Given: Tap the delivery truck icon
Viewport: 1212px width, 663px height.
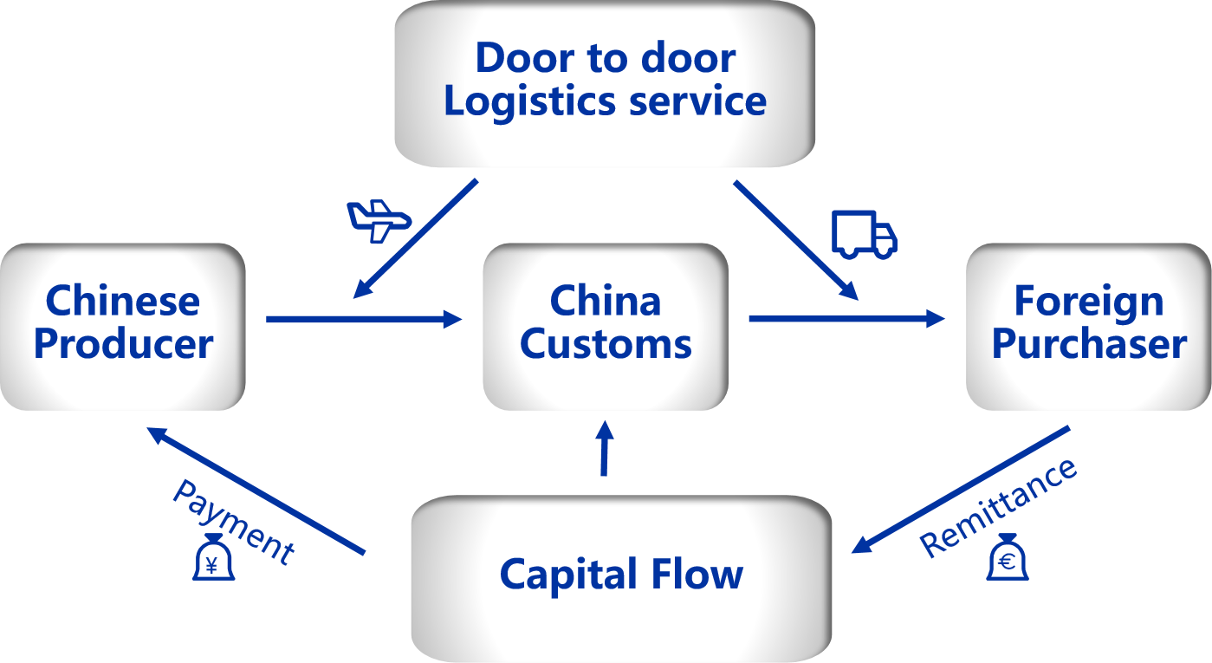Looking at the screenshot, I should click(x=864, y=234).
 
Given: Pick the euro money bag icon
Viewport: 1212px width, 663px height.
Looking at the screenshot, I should click(x=1008, y=556).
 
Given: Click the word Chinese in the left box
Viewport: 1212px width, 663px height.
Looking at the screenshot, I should click(x=122, y=302).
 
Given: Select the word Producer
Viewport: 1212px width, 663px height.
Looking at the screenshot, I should click(x=123, y=344).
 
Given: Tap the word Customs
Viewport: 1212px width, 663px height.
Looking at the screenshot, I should click(x=606, y=344).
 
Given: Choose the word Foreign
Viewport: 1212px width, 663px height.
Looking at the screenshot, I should click(x=1089, y=302).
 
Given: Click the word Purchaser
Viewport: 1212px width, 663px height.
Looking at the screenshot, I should click(x=1089, y=344).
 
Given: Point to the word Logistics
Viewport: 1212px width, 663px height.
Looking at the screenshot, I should click(x=530, y=101).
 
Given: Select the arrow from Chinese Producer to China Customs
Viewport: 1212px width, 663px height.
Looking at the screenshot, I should click(x=364, y=320).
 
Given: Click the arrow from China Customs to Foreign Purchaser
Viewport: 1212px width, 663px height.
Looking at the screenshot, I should click(x=846, y=320).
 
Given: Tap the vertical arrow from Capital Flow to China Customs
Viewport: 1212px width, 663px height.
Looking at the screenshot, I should click(x=605, y=449).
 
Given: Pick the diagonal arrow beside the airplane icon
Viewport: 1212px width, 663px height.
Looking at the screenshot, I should click(x=416, y=238).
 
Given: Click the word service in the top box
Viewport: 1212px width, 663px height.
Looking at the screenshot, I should click(x=697, y=101).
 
